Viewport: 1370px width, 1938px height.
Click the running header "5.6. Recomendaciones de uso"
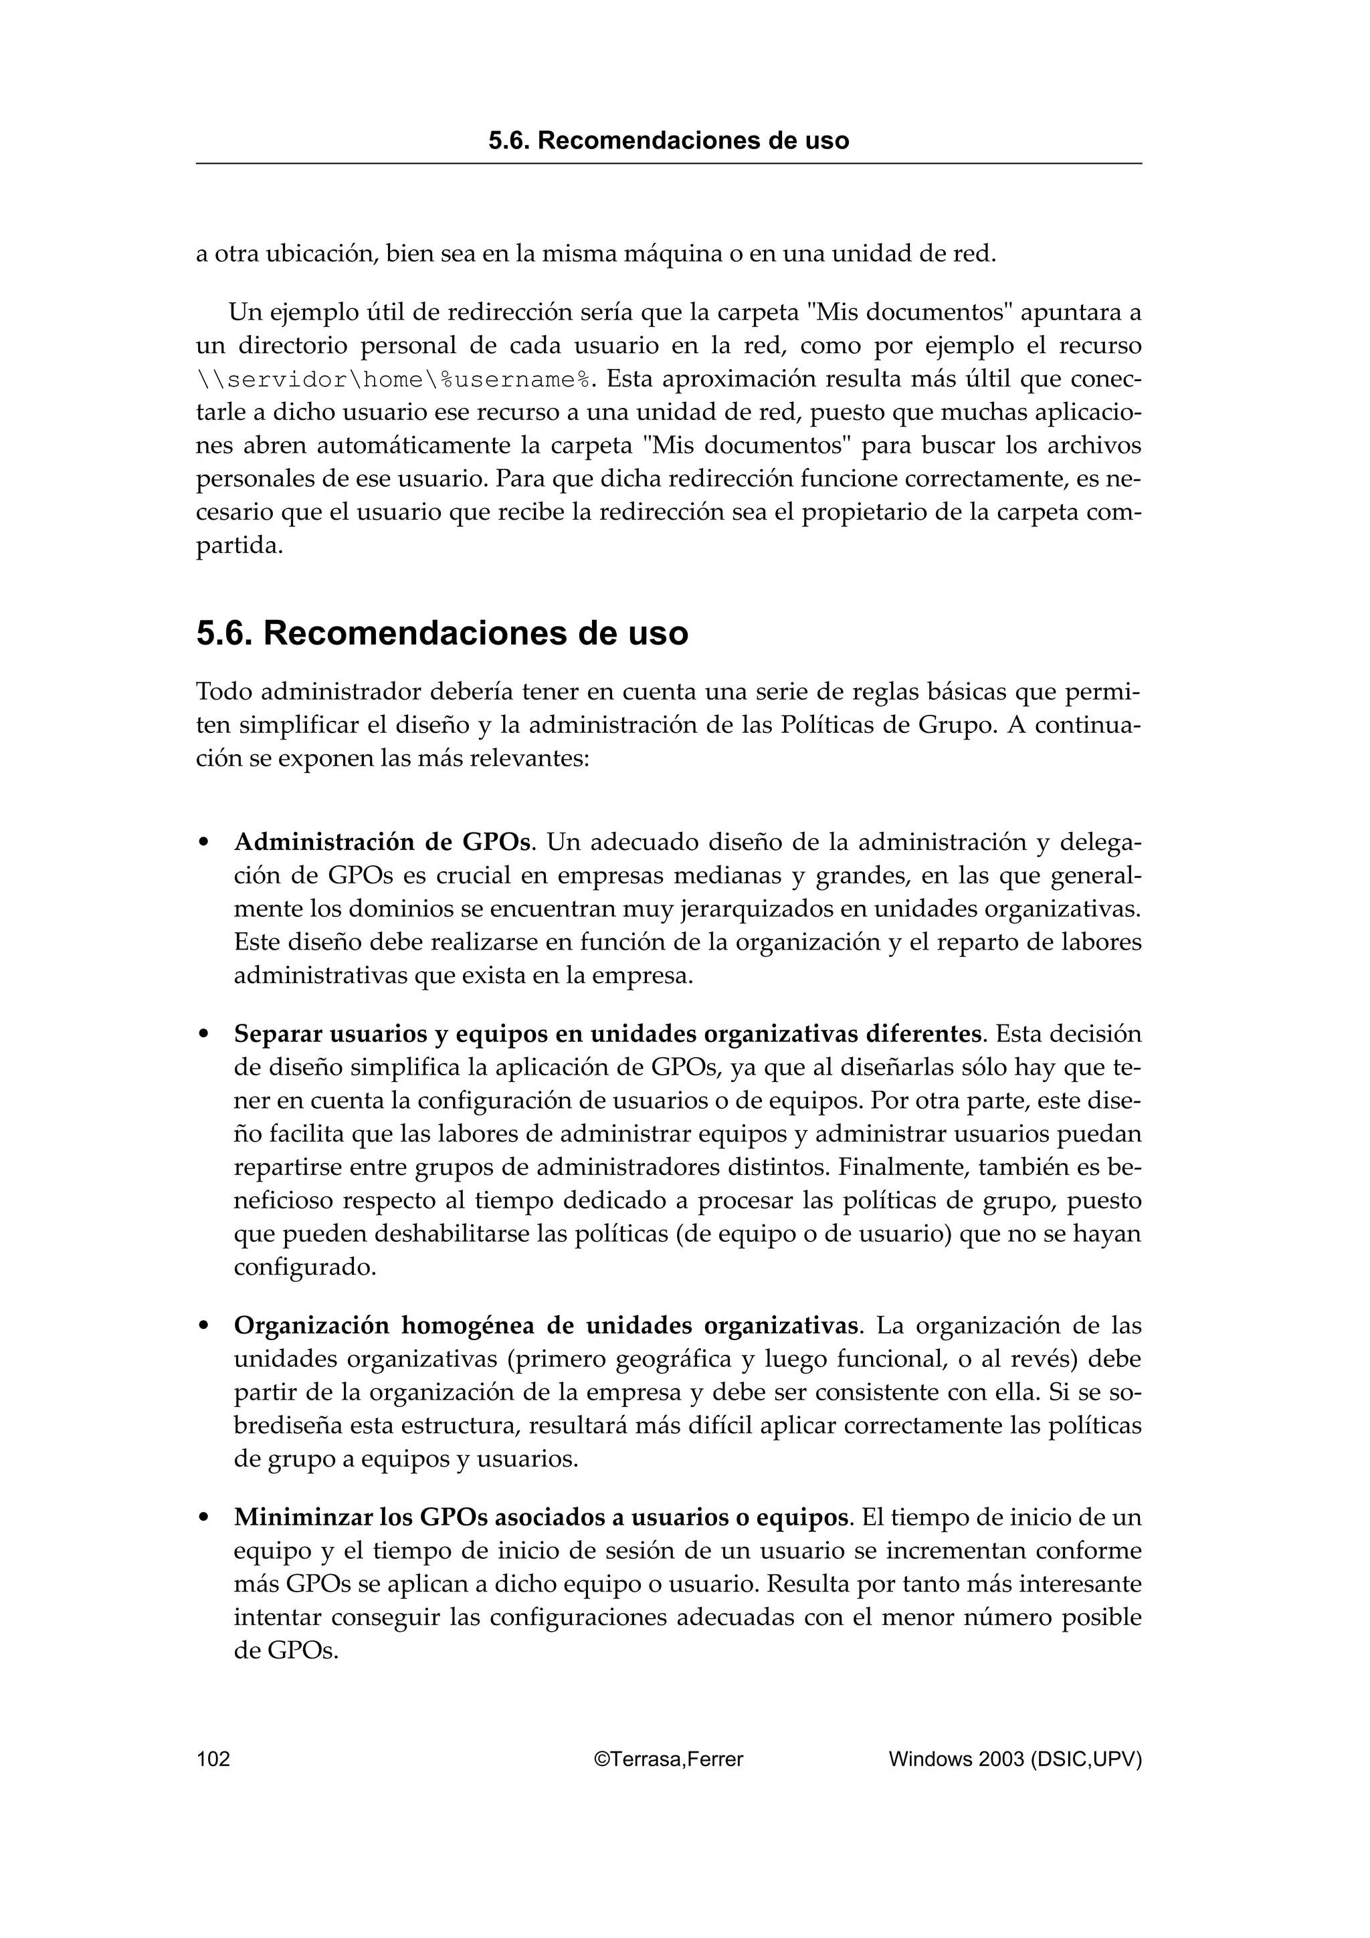(668, 140)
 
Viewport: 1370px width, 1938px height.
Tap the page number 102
(213, 1759)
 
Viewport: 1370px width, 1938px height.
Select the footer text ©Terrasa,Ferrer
(668, 1759)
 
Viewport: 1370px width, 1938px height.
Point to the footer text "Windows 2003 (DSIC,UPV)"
(1015, 1759)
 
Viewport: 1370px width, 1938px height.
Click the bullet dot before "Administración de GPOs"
(203, 843)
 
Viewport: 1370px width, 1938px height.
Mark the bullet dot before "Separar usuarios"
(203, 1035)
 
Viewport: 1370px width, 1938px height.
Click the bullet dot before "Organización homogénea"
(203, 1327)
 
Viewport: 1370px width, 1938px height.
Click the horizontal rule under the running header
(668, 164)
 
